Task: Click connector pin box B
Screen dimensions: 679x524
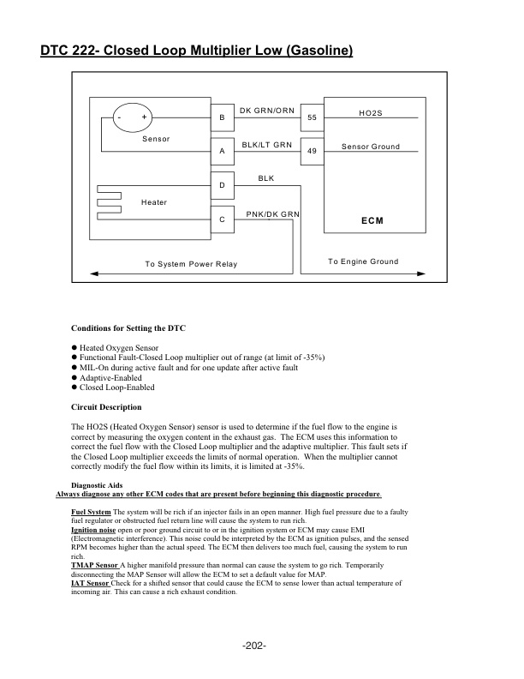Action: [x=222, y=117]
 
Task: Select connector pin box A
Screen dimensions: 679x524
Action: [x=222, y=151]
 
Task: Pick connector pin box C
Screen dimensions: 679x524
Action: [x=222, y=220]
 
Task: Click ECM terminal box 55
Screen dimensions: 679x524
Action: [x=312, y=117]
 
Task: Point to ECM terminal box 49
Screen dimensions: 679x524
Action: [x=312, y=151]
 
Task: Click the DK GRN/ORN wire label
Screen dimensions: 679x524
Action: [x=266, y=111]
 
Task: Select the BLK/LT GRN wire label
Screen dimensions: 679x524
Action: [x=266, y=145]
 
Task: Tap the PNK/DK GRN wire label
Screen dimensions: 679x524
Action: [x=272, y=213]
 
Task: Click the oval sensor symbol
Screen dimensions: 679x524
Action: [x=132, y=117]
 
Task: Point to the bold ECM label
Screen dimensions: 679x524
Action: [x=372, y=220]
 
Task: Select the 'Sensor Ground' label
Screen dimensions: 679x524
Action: [x=370, y=147]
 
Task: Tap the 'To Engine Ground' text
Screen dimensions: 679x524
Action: [x=363, y=261]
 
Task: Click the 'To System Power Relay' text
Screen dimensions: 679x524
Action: [x=191, y=264]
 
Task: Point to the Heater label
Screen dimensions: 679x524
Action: [x=153, y=202]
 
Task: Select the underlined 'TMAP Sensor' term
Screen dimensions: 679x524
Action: [x=94, y=567]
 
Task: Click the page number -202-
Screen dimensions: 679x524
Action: [x=254, y=646]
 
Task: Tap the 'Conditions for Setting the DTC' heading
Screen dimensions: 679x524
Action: [x=128, y=328]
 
